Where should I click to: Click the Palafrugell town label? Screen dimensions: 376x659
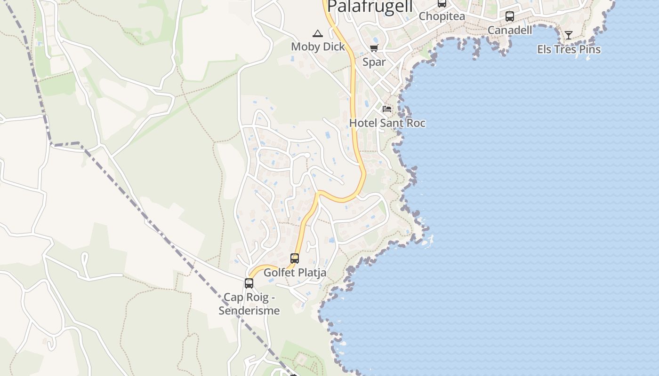pos(370,7)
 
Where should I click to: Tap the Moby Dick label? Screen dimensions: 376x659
pos(318,47)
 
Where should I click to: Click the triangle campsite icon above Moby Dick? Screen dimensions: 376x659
pos(318,33)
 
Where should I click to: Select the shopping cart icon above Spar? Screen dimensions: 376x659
pos(374,48)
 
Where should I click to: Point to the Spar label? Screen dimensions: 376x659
pos(374,62)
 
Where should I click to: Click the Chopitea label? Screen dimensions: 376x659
pos(442,16)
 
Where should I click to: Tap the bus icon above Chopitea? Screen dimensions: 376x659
pos(442,3)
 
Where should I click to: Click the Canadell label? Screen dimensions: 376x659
pos(510,30)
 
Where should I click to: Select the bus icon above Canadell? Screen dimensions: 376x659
pos(510,16)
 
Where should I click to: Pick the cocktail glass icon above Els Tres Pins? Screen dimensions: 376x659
pos(569,35)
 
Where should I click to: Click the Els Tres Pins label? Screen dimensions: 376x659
pos(569,49)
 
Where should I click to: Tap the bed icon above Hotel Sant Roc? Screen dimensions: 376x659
pos(387,109)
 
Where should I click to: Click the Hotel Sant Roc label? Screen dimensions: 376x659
pos(387,123)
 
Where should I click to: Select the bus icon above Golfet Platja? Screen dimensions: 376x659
pos(295,258)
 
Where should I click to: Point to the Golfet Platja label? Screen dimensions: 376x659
pos(295,273)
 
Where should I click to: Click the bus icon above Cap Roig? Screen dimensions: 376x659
pos(249,283)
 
